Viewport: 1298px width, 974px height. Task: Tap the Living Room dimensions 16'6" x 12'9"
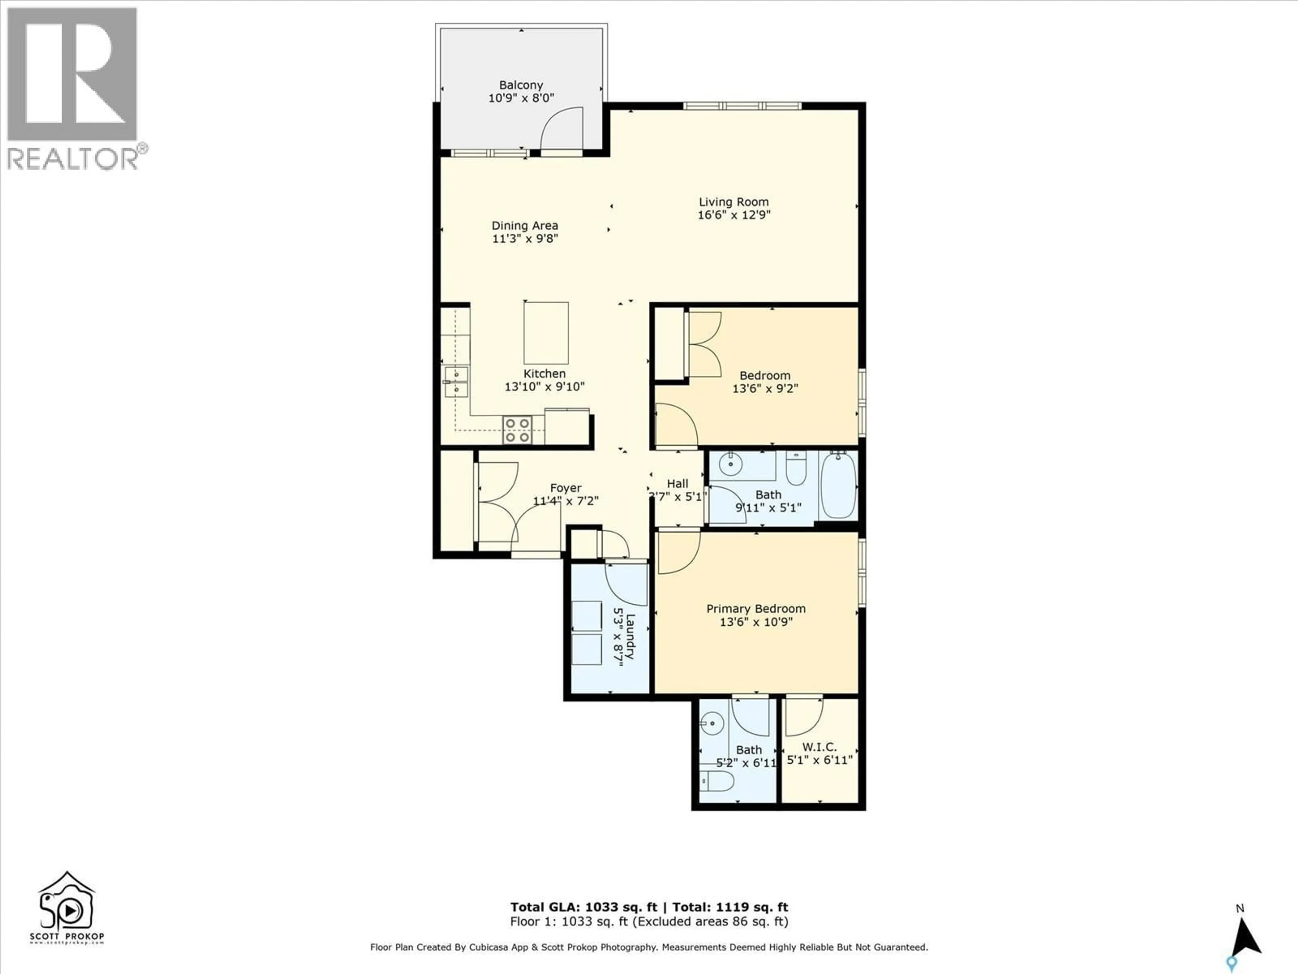click(x=734, y=215)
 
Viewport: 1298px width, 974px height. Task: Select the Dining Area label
click(x=525, y=226)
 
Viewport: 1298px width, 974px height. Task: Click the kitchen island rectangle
click(x=546, y=333)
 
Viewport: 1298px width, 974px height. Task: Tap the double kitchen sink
click(x=456, y=381)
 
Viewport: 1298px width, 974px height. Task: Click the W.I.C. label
click(x=819, y=747)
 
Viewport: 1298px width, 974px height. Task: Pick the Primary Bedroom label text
click(x=756, y=609)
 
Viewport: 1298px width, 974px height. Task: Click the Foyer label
click(x=566, y=488)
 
